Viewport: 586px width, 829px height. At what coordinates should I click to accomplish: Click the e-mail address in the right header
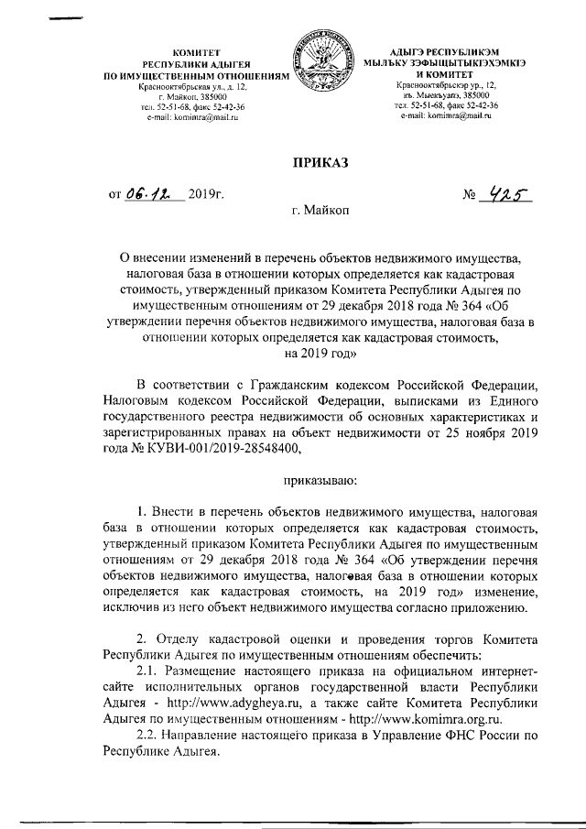446,116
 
